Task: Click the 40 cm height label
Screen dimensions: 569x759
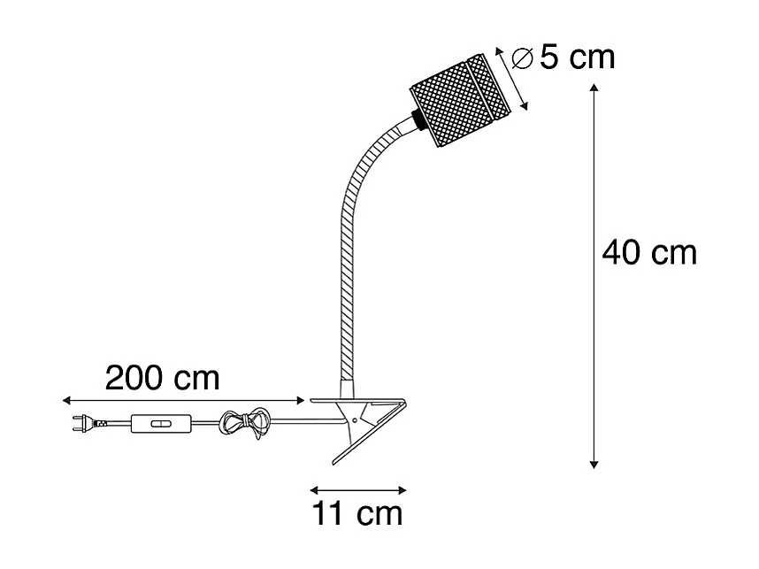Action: tap(649, 254)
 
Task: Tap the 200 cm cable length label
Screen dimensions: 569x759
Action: tap(163, 379)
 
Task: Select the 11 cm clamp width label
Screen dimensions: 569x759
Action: tap(357, 513)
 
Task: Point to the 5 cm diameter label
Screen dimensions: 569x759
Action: tap(577, 58)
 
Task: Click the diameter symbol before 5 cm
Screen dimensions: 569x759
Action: tap(522, 59)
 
